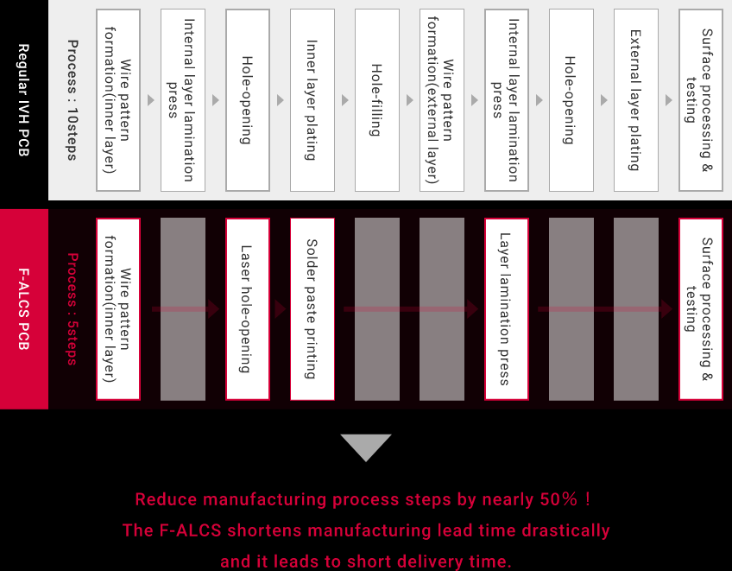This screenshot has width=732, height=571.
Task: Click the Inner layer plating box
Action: point(312,100)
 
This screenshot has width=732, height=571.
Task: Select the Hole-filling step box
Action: point(377,100)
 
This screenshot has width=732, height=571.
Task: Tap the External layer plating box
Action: point(636,100)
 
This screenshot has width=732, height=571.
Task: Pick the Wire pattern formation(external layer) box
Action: point(442,100)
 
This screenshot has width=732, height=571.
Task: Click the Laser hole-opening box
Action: point(248,309)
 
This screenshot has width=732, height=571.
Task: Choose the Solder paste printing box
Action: point(312,309)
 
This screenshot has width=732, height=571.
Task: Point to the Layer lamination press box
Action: point(507,309)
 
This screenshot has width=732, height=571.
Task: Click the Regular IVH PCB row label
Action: point(24,100)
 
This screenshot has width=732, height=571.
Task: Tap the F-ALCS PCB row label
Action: point(24,309)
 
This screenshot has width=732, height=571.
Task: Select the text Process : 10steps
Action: point(73,100)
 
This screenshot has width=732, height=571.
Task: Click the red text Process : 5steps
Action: point(73,309)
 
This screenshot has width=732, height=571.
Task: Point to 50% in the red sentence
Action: point(558,499)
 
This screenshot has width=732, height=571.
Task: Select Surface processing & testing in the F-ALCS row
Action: point(701,309)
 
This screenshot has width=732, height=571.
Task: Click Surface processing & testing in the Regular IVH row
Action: point(701,100)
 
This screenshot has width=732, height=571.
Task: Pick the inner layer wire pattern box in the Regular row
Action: point(118,100)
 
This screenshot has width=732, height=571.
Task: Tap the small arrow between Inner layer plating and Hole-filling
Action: point(345,100)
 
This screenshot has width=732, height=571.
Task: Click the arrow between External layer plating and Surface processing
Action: point(668,100)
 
